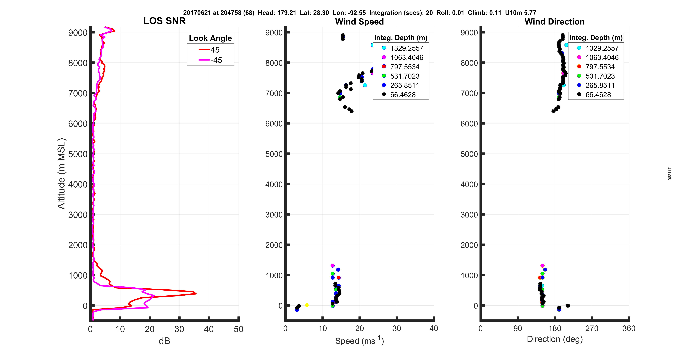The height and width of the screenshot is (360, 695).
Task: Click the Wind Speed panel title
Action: [359, 22]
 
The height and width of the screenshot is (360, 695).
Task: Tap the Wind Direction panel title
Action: [554, 22]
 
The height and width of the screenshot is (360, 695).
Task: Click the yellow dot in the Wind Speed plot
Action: [307, 305]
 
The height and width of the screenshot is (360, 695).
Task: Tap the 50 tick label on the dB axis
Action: [238, 329]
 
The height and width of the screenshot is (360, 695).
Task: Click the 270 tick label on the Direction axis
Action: [592, 328]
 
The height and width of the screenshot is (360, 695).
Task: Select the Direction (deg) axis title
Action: [555, 339]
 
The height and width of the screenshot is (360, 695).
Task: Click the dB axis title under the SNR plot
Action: [164, 341]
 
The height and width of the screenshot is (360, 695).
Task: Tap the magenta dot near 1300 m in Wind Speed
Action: [332, 266]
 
